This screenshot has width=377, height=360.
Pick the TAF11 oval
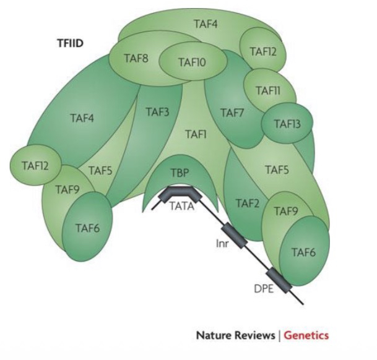click(x=267, y=90)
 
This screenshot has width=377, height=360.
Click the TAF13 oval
click(x=286, y=124)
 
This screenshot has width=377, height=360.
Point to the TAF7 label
click(x=232, y=113)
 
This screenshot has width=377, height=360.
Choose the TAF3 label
click(x=157, y=113)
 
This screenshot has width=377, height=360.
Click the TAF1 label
click(x=195, y=134)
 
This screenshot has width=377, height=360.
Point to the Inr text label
click(x=222, y=244)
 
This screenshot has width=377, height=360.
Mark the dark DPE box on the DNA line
click(x=278, y=279)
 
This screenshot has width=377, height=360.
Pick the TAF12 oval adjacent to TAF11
click(x=262, y=51)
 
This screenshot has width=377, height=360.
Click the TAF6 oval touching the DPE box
click(x=304, y=252)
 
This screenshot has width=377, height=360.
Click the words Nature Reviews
click(x=235, y=335)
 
